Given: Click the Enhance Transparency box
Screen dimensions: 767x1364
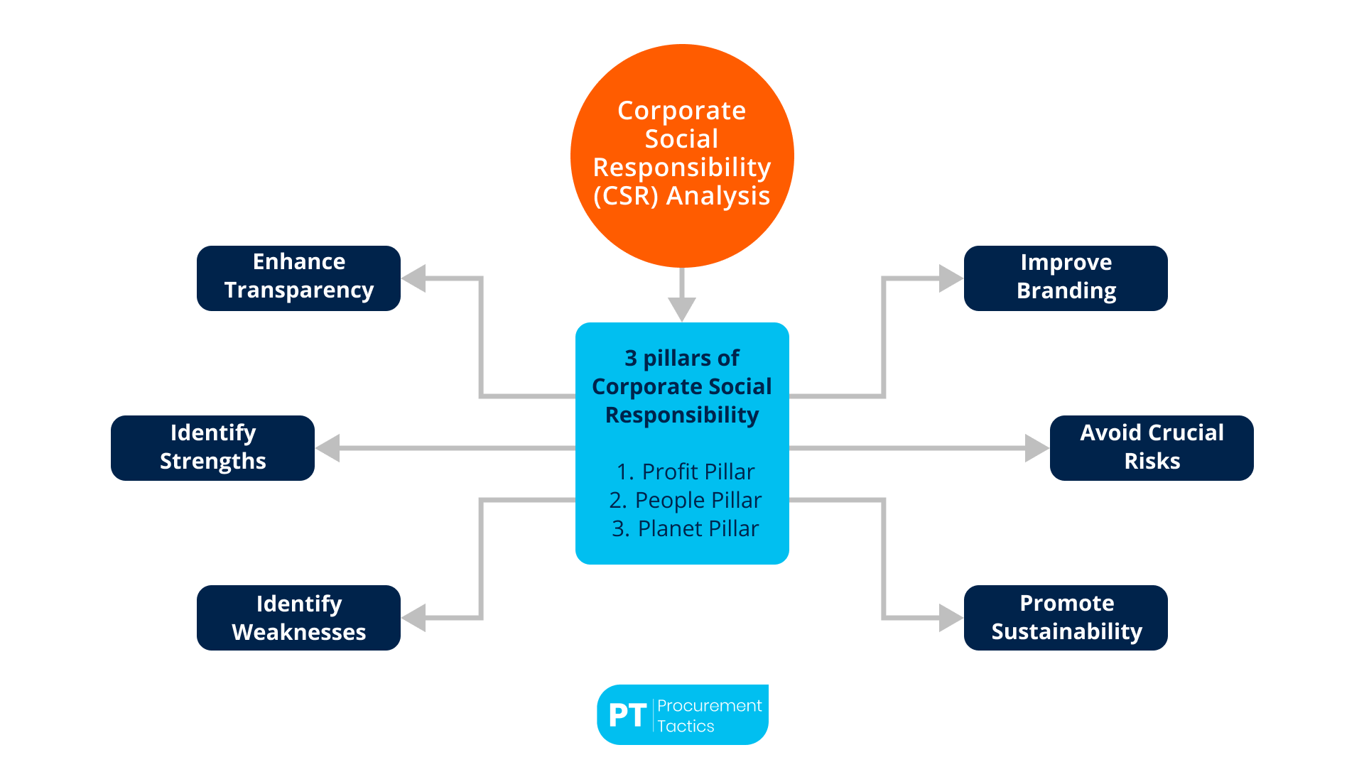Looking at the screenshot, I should tap(298, 278).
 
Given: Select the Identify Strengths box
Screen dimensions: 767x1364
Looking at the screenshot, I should tap(212, 447).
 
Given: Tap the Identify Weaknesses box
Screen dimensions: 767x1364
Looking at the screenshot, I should tap(298, 617).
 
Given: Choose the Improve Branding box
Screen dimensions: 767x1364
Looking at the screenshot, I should tap(1066, 278).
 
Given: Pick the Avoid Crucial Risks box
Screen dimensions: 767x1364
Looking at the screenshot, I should tap(1152, 447).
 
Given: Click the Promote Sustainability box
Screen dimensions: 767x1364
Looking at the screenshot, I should tap(1066, 617).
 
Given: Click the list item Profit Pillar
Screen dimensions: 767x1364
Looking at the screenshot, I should tap(686, 472).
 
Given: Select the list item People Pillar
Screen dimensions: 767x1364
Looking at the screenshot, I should tap(686, 500).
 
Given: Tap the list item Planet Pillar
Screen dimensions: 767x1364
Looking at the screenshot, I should tap(686, 528).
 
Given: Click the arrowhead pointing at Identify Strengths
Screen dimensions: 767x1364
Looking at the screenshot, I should tap(328, 448).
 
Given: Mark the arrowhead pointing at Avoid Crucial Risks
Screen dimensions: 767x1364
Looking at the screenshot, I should tap(1036, 448).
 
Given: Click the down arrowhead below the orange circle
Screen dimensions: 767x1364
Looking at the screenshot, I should tap(682, 309).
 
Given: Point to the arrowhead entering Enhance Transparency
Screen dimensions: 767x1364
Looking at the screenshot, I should tap(414, 278).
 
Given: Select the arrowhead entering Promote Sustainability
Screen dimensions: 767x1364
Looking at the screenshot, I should tap(951, 618).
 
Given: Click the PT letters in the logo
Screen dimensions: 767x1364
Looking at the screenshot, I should tap(627, 716).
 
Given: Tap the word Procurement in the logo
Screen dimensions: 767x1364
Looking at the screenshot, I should tap(709, 705).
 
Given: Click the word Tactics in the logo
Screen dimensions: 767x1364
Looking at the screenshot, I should tap(686, 726).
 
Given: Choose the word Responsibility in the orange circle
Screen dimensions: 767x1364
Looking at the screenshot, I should tap(682, 168).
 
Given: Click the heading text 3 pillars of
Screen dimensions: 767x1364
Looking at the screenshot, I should tap(682, 358).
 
